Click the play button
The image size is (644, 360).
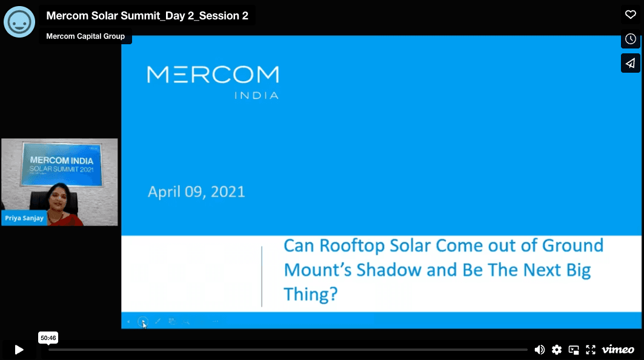coord(19,350)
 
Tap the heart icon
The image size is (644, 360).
coord(631,15)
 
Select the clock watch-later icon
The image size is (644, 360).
coord(631,39)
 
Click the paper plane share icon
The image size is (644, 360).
coord(631,63)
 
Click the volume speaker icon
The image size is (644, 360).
coord(539,350)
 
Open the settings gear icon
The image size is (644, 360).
coord(557,350)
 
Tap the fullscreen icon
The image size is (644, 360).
coord(591,350)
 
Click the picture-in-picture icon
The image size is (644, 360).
coord(574,350)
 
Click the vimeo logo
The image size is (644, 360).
coord(618,349)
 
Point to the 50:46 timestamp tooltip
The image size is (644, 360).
coord(48,338)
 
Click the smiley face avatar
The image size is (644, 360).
coord(19,22)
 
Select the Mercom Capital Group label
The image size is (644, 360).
coord(85,36)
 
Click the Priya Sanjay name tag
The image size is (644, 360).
coord(24,218)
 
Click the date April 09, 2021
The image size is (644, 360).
coord(196,192)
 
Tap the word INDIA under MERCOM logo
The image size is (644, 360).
coord(256,95)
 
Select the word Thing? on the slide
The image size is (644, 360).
coord(311,295)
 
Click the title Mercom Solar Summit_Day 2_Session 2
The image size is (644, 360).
coord(147,16)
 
